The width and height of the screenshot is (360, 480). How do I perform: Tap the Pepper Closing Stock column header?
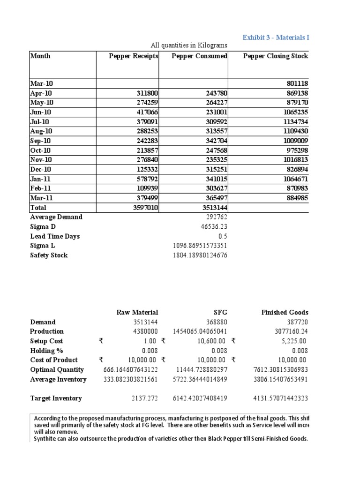point(276,56)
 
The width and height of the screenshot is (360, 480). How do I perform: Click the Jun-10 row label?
point(41,112)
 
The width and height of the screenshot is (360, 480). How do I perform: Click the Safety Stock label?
point(49,255)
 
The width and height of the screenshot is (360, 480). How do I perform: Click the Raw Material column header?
point(137,312)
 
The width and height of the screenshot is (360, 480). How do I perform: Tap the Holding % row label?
point(46,351)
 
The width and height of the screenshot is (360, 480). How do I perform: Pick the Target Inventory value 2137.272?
point(143,398)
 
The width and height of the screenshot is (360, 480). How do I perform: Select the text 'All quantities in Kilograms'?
point(189,45)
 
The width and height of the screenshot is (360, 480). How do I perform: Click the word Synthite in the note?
point(46,439)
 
